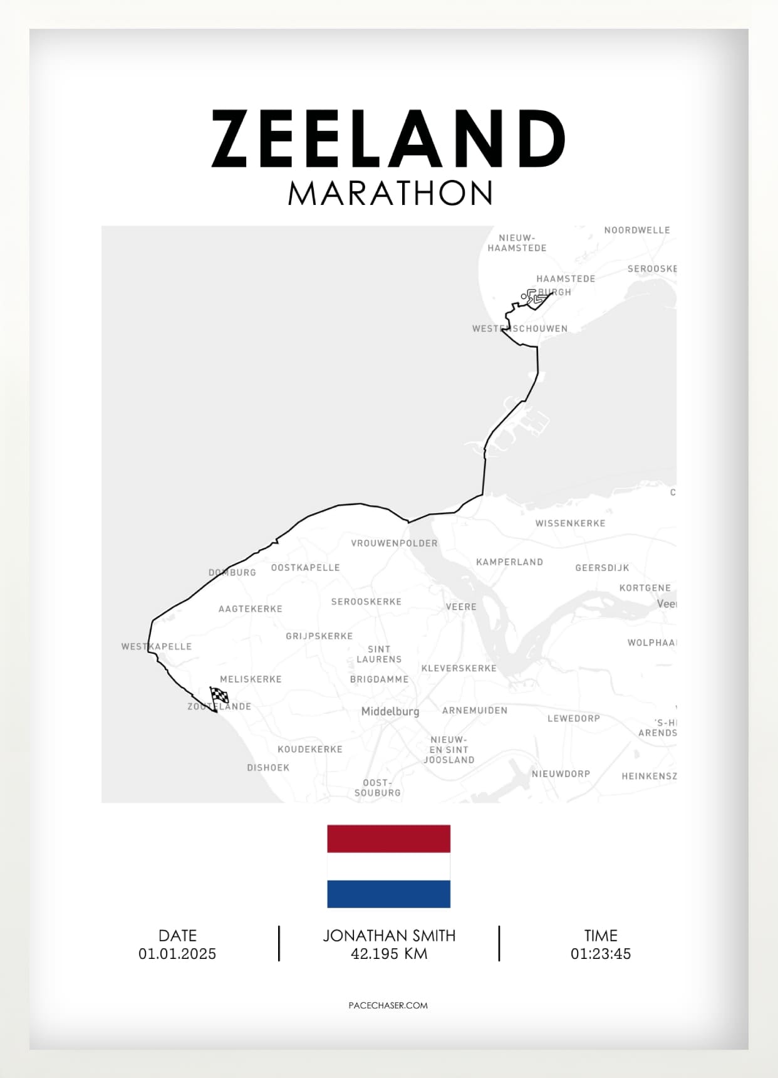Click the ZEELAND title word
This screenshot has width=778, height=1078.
(388, 139)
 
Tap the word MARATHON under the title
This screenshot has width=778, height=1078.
(390, 194)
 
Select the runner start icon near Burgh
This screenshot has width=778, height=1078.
(532, 296)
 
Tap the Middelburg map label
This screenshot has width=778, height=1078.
(390, 711)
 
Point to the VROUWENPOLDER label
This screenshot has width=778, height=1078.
(394, 543)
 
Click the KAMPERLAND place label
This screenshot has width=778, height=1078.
(509, 562)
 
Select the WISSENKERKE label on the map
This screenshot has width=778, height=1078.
(570, 523)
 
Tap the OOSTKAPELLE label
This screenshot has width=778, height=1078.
(305, 568)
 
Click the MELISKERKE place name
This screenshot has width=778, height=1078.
(251, 679)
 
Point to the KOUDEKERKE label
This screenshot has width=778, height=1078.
(310, 750)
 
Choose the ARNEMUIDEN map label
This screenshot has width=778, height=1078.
(475, 711)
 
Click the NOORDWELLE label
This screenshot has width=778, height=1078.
(637, 231)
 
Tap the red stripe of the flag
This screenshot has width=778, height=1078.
(388, 839)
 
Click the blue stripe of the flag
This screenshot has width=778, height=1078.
(388, 894)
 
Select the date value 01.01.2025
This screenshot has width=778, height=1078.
(177, 954)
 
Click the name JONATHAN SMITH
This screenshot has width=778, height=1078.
(389, 936)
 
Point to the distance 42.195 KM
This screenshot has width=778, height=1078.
(389, 954)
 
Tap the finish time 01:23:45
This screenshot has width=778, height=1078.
(600, 954)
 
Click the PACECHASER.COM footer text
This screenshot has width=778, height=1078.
(388, 1005)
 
